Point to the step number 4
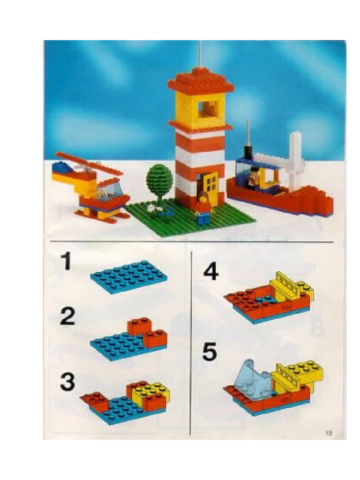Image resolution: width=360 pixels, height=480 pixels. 210,272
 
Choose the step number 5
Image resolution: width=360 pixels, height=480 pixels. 210,352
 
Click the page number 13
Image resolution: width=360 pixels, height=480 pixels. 328,433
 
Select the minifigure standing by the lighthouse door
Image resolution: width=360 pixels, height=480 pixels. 203,206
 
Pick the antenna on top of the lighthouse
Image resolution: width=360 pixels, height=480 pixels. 200,56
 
